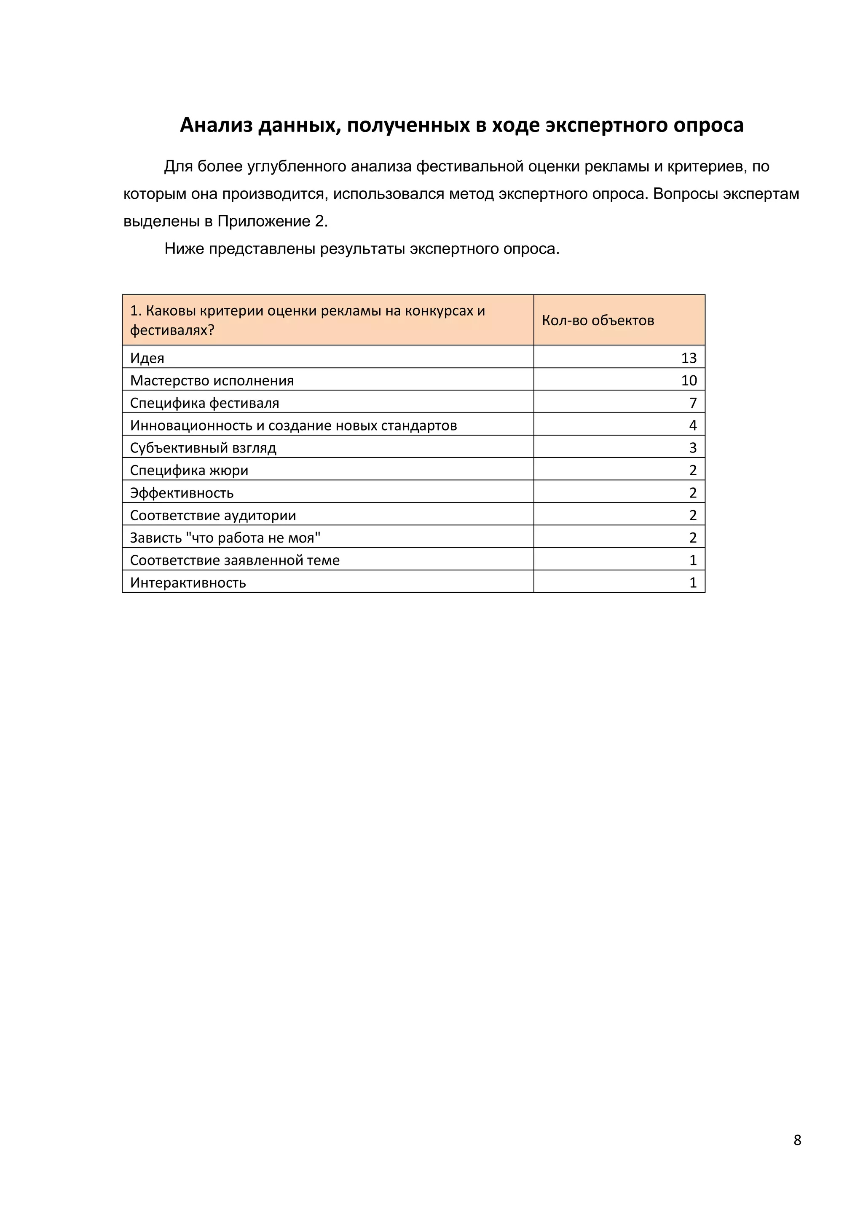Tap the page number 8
tap(797, 1140)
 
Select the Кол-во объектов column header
tap(598, 321)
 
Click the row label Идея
tap(147, 358)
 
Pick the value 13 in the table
tap(689, 358)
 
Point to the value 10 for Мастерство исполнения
tap(689, 380)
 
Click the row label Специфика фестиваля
tap(205, 403)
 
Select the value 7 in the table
tap(692, 403)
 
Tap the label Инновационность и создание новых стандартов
tap(293, 425)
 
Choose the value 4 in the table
tap(692, 425)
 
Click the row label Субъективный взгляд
tap(203, 448)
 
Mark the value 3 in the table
tap(692, 448)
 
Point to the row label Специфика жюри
tap(189, 470)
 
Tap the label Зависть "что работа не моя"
tap(225, 538)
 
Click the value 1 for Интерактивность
tap(692, 583)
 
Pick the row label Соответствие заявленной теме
tap(235, 560)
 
